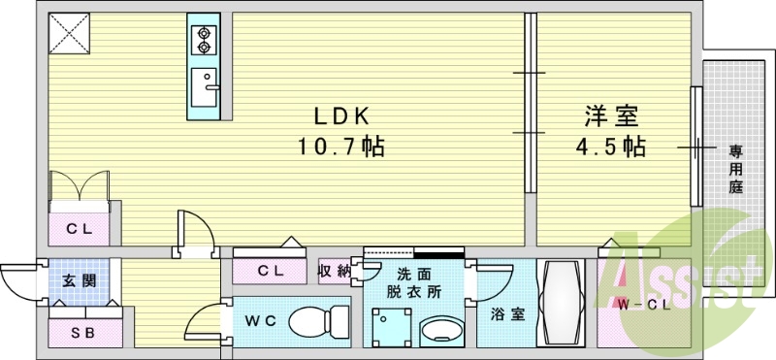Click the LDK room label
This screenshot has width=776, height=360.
pos(340,116)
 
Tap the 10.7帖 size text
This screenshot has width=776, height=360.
pos(340,147)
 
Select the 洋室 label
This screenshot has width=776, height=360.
pos(610,116)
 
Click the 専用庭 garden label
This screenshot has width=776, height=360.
pos(736,169)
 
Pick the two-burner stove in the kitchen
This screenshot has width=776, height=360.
pos(205,39)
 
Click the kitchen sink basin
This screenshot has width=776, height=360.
pos(206,89)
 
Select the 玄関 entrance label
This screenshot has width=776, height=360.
pos(80,281)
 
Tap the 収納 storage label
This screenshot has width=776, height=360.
pos(335,272)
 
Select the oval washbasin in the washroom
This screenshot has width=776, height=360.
pos(439,329)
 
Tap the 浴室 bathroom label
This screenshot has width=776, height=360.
pos(502,313)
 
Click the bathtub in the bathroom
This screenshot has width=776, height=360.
pos(563,303)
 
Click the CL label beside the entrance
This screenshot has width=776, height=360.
pos(80,230)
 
